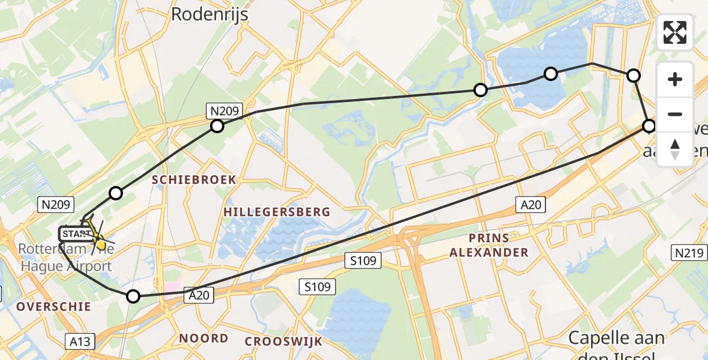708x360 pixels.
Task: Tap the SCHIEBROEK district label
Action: point(194,179)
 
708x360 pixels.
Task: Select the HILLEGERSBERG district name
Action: point(277,212)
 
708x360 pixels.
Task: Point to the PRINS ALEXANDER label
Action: point(489,245)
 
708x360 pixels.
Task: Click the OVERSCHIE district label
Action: point(53,307)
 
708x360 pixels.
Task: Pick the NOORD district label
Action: point(203,338)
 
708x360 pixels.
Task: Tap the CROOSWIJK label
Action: point(283,341)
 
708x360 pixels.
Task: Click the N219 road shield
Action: point(688,253)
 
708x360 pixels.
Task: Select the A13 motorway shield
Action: point(80,341)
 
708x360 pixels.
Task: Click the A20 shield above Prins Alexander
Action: point(531,205)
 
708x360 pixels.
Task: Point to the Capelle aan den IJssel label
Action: point(616,345)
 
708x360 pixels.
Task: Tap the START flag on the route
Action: point(76,233)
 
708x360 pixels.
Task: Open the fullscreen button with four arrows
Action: point(675,32)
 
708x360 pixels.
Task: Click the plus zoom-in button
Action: point(675,79)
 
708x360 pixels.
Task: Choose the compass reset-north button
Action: point(675,149)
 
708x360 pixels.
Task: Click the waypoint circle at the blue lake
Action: point(551,74)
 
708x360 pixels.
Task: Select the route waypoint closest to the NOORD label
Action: point(133,296)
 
